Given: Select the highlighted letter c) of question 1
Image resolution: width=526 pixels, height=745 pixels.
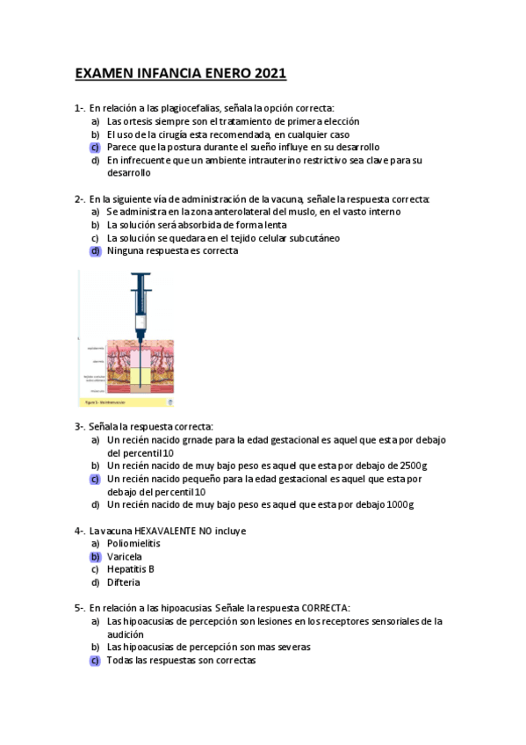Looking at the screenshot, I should click(95, 148).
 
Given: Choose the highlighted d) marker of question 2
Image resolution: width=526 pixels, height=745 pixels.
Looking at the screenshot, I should click(95, 250).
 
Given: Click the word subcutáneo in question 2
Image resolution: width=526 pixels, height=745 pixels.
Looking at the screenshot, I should click(307, 237).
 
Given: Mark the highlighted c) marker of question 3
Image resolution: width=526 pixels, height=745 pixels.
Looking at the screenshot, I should click(95, 479).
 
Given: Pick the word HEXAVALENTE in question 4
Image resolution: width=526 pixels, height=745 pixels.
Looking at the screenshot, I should click(169, 531).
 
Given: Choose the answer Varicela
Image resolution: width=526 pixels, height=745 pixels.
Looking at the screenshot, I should click(125, 556).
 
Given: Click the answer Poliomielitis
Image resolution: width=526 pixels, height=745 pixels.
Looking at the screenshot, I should click(133, 543).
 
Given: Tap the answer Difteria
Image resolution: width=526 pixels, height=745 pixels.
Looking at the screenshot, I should click(124, 582).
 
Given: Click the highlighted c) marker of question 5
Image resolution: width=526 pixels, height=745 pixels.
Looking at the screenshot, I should click(95, 661).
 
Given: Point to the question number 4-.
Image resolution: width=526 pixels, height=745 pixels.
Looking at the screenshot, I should click(80, 531).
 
